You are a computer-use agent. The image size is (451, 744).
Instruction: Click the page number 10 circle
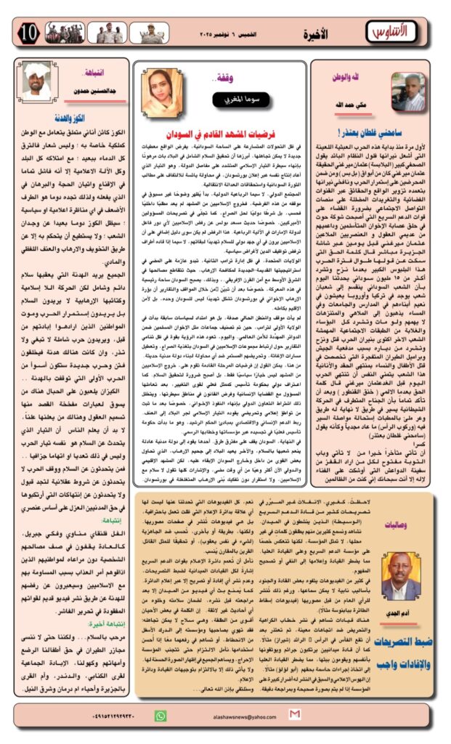tap(28, 32)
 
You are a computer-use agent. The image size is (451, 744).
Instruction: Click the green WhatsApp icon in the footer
tap(161, 715)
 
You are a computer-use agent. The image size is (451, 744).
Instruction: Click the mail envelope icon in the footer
tap(293, 715)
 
